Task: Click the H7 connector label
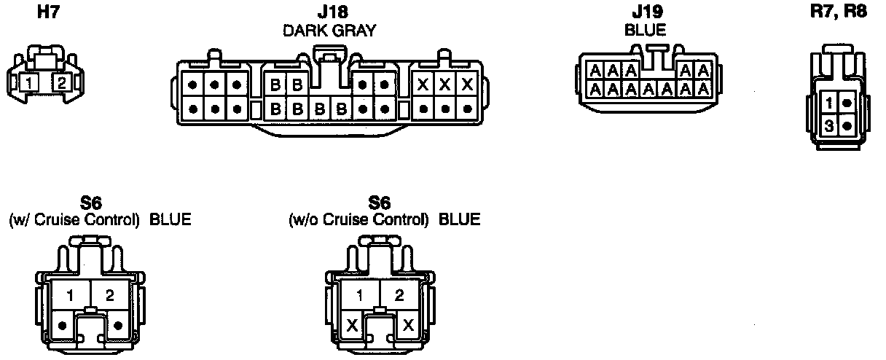point(49,12)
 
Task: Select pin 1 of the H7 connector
point(28,82)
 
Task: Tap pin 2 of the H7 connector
point(62,82)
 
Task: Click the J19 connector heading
point(645,12)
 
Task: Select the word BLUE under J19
point(645,31)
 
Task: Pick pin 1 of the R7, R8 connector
point(830,104)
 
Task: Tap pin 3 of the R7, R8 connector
point(830,125)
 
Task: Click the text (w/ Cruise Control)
point(74,219)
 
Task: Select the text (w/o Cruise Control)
point(358,219)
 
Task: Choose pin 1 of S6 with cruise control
point(71,295)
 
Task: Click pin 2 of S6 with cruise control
point(110,295)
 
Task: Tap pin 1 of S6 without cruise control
point(359,295)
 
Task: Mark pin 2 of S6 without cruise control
point(399,295)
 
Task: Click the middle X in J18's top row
point(444,85)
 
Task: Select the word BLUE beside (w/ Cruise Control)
point(170,219)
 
